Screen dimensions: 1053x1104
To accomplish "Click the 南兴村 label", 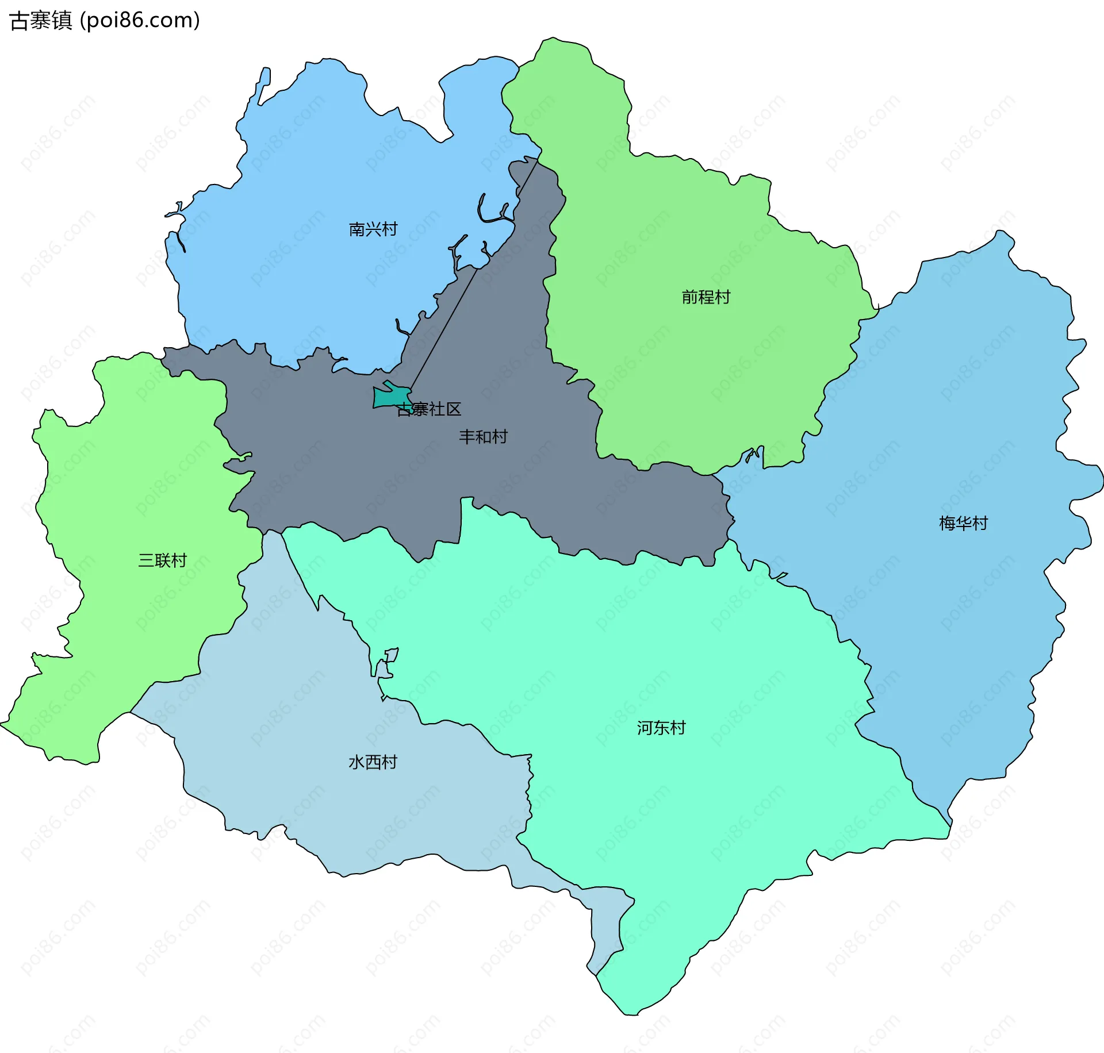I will pyautogui.click(x=373, y=229).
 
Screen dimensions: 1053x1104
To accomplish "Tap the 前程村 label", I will pyautogui.click(x=706, y=297).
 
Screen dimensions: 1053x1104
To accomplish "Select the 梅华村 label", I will pyautogui.click(x=963, y=523).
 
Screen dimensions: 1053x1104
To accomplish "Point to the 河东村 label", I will pyautogui.click(x=661, y=728).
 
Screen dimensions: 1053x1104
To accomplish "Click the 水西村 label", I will pyautogui.click(x=373, y=762).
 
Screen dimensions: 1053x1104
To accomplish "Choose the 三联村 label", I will pyautogui.click(x=163, y=560).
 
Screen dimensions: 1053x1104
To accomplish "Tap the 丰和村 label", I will pyautogui.click(x=483, y=437).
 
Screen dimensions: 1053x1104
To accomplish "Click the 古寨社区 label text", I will pyautogui.click(x=429, y=409).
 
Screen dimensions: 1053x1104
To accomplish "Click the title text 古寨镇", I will pyautogui.click(x=41, y=21).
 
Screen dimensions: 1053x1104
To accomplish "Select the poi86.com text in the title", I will pyautogui.click(x=140, y=21).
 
